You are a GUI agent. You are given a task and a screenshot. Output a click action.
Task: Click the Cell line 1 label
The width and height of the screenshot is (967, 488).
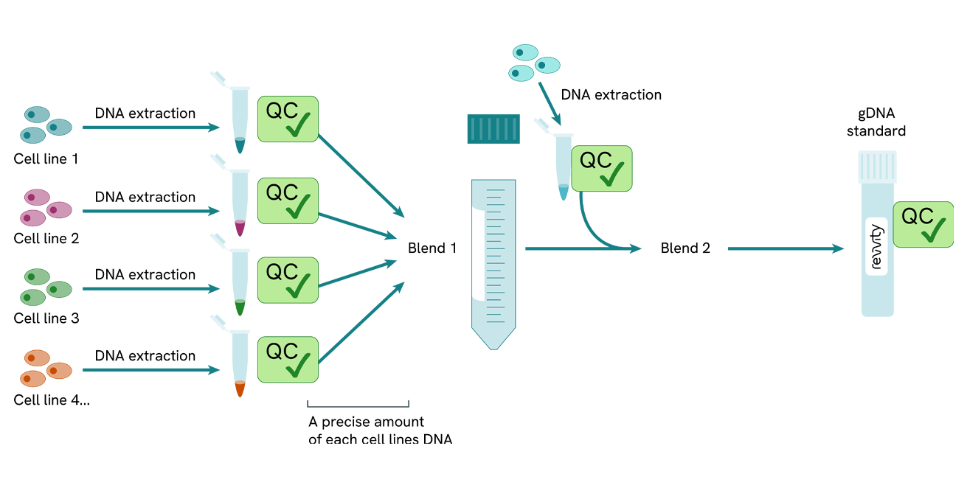(x=46, y=158)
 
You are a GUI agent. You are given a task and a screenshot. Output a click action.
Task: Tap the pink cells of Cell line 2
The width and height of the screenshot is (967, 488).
(x=45, y=206)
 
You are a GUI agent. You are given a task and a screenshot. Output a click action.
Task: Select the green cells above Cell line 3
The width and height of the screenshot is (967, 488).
(x=45, y=287)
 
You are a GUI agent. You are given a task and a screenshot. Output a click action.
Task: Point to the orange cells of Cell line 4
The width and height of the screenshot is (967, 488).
(x=45, y=368)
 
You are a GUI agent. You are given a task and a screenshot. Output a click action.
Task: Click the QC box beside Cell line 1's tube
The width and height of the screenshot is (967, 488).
(x=288, y=119)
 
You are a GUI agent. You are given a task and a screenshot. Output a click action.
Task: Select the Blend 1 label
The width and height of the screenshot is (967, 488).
(x=432, y=248)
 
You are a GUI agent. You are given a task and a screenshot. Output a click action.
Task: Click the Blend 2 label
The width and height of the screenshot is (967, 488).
(x=685, y=248)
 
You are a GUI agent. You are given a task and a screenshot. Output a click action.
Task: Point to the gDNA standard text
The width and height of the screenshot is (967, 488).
(x=876, y=122)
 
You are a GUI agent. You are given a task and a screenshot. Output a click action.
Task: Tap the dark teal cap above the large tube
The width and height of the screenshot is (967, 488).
(x=493, y=129)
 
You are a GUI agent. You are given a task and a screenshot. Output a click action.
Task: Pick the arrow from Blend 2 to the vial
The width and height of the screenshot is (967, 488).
(x=785, y=249)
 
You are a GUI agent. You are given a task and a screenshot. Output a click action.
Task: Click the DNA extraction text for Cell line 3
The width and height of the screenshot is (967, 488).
(x=145, y=274)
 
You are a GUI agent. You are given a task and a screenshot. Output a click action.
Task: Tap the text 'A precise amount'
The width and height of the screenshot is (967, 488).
(x=366, y=422)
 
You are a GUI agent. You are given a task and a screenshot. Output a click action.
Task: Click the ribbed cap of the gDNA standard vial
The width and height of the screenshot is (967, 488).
(x=877, y=167)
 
